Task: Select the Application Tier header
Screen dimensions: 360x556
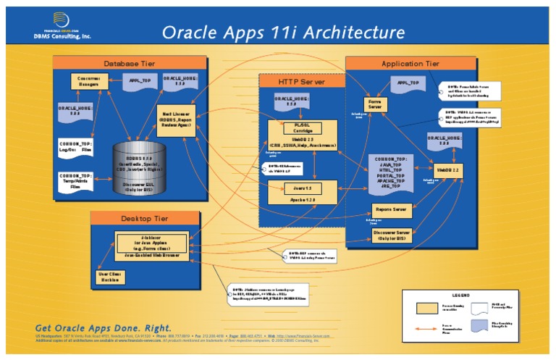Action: click(410, 64)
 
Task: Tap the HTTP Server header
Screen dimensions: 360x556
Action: click(301, 82)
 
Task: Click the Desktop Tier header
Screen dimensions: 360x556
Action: click(145, 219)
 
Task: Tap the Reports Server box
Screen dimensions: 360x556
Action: click(389, 209)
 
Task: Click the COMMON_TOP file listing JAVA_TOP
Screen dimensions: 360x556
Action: click(392, 173)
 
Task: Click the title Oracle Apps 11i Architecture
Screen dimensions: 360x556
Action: click(282, 32)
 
